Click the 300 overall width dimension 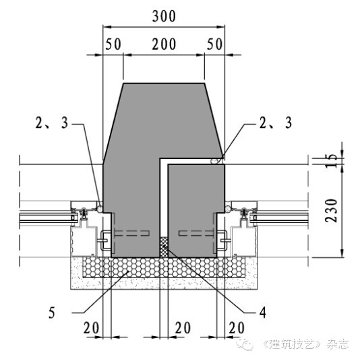(x=164, y=16)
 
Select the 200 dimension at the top (x=164, y=44)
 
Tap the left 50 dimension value (x=113, y=44)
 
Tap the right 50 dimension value (x=214, y=44)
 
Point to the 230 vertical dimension (x=332, y=211)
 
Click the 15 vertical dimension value (x=332, y=160)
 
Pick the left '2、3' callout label (x=52, y=123)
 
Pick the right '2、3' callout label (x=276, y=123)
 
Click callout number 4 (x=263, y=313)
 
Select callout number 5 (x=52, y=313)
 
